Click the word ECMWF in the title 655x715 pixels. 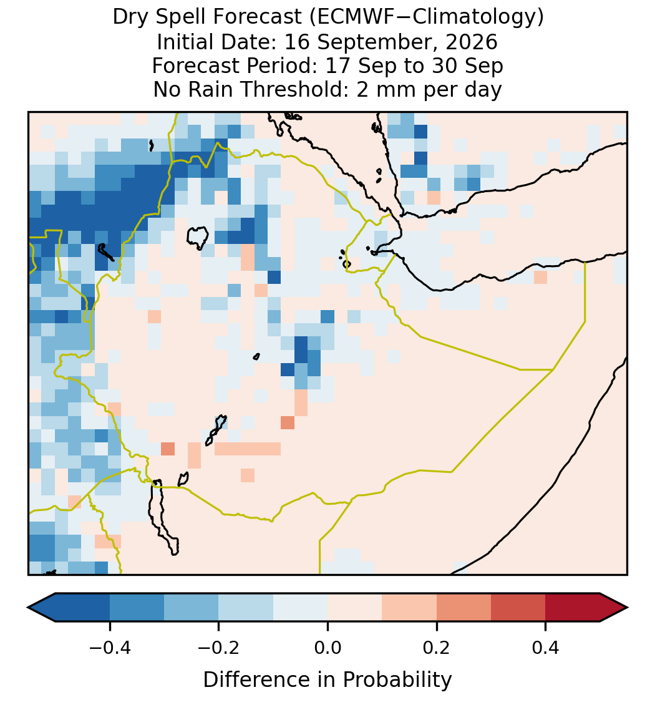(x=348, y=17)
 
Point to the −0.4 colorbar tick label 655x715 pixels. (x=110, y=648)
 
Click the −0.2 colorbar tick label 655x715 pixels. (x=219, y=648)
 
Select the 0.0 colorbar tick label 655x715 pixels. (x=327, y=648)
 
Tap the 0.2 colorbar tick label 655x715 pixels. (x=437, y=648)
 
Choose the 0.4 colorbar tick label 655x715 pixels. (x=546, y=648)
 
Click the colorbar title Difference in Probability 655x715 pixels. (x=327, y=680)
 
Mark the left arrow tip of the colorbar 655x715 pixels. (x=28, y=608)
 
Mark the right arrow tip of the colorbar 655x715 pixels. (x=628, y=608)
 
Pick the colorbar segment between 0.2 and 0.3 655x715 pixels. (x=463, y=608)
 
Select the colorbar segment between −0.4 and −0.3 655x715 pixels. (x=137, y=608)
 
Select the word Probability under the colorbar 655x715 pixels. (x=397, y=680)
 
